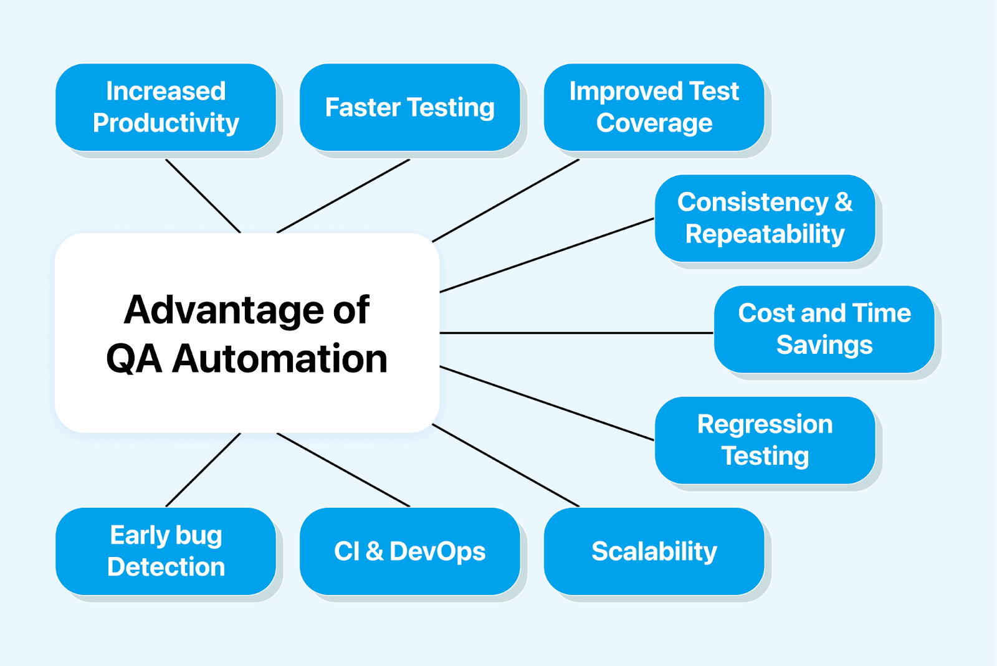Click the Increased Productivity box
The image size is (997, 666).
pos(166,107)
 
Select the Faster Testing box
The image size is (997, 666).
pos(410,107)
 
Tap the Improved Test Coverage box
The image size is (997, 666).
pos(654,107)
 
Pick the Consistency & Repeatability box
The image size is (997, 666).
pos(765,218)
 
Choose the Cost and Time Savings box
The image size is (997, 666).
pos(824,329)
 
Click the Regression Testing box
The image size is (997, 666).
pos(765,440)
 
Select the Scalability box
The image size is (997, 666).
pos(654,551)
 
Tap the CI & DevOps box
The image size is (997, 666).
pos(410,551)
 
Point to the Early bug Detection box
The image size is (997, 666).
pos(166,551)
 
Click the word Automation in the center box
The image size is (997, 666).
pos(280,359)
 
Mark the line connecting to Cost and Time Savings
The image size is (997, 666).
pos(576,333)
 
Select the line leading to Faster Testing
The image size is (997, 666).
pos(343,196)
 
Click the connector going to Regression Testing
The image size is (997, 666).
pos(547,403)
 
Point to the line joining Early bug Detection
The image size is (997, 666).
pos(203,470)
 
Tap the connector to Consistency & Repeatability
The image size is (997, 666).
pos(547,255)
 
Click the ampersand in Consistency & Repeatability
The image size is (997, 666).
pos(844,202)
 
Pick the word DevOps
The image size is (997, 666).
pos(437,551)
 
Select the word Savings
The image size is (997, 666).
pos(824,345)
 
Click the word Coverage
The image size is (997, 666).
pos(654,123)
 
